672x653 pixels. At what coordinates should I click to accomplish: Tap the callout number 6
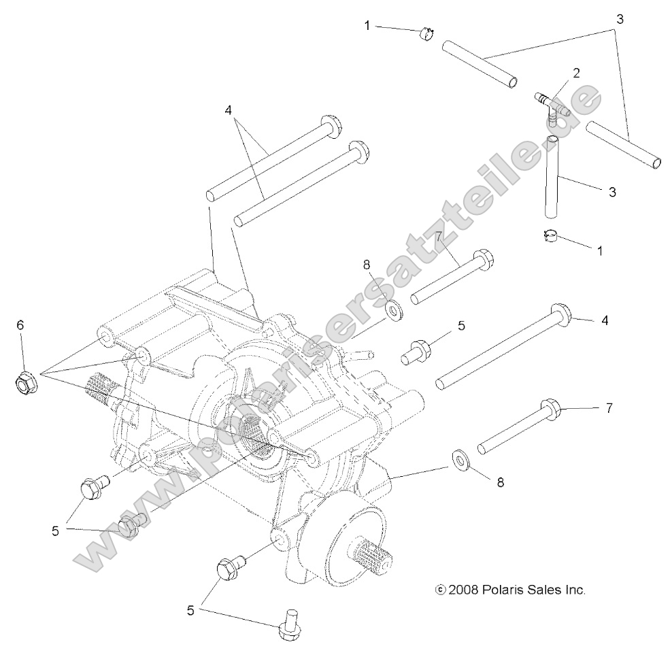(x=20, y=325)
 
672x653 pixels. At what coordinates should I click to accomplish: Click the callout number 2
(x=575, y=72)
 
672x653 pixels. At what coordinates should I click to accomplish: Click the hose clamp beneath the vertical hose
(x=552, y=236)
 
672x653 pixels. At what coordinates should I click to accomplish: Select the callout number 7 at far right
(x=609, y=408)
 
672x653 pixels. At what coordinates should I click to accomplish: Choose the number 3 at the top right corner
(x=619, y=19)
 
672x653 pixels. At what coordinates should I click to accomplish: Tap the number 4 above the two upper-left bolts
(x=229, y=110)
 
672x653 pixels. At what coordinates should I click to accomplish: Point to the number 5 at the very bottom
(x=191, y=611)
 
